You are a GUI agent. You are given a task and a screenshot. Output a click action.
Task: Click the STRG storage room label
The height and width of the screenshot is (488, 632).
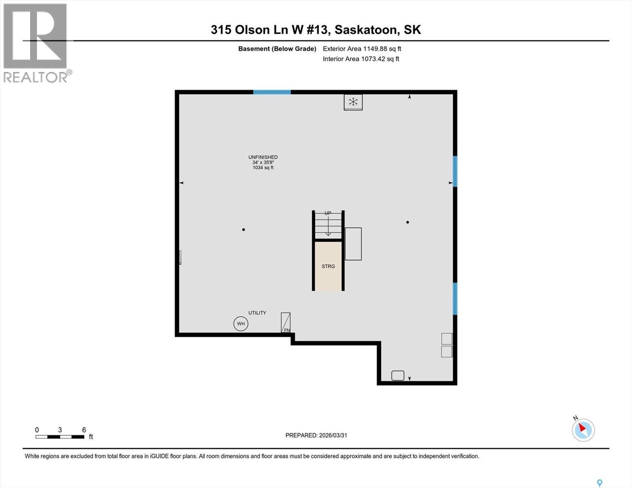[x=328, y=266]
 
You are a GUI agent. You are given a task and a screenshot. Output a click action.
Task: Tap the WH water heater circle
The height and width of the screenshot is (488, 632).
[x=241, y=324]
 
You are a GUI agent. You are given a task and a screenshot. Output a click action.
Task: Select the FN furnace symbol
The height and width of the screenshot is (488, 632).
[x=286, y=323]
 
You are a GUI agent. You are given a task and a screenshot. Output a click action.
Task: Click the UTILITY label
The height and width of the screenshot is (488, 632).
[x=257, y=313]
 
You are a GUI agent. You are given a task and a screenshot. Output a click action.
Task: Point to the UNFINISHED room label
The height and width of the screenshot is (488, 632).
[x=263, y=157]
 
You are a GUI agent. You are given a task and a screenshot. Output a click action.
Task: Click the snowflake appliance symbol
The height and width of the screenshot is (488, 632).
[x=353, y=102]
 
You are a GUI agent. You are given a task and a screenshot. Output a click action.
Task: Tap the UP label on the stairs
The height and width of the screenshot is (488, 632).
[x=328, y=213]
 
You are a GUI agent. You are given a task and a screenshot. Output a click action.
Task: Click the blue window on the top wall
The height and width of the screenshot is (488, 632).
[x=272, y=92]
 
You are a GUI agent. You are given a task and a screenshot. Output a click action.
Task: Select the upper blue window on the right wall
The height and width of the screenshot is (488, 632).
[x=455, y=171]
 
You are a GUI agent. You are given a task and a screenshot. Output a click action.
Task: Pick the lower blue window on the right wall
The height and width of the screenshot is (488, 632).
[x=455, y=298]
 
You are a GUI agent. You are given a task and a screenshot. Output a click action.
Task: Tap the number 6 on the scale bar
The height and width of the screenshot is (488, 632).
[x=84, y=430]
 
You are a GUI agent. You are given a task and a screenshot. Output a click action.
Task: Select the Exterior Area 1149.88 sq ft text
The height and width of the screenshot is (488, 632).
[x=362, y=49]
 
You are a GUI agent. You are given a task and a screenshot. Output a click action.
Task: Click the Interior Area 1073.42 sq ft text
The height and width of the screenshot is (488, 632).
[x=361, y=59]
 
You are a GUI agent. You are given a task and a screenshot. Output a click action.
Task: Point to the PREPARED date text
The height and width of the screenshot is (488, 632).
[x=316, y=435]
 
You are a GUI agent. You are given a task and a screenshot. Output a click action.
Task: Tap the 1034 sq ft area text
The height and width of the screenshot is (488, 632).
[x=263, y=168]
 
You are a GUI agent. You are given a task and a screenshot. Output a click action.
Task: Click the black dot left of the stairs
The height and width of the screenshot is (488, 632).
[x=243, y=230]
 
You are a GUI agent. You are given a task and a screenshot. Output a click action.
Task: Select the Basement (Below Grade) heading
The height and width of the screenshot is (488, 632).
[x=277, y=49]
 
